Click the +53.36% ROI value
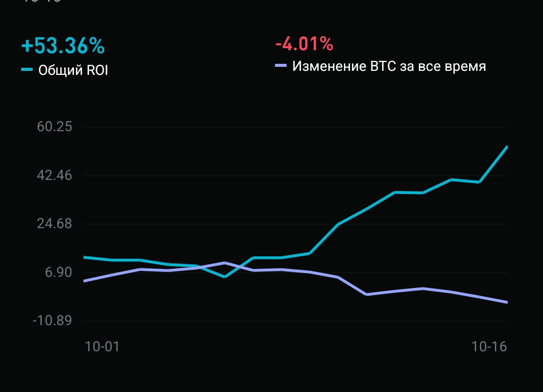tap(63, 46)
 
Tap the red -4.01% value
tap(304, 44)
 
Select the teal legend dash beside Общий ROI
tap(27, 69)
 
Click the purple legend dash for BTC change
tap(281, 66)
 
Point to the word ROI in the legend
tap(96, 70)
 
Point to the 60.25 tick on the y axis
tap(54, 127)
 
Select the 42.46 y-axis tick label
tap(54, 175)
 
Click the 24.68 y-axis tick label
tap(54, 224)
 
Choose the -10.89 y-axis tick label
tap(52, 321)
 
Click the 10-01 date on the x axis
tap(102, 346)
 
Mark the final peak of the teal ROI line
tap(507, 147)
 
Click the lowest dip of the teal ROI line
tap(225, 276)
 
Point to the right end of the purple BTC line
tap(507, 302)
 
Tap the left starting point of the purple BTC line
tap(84, 281)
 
